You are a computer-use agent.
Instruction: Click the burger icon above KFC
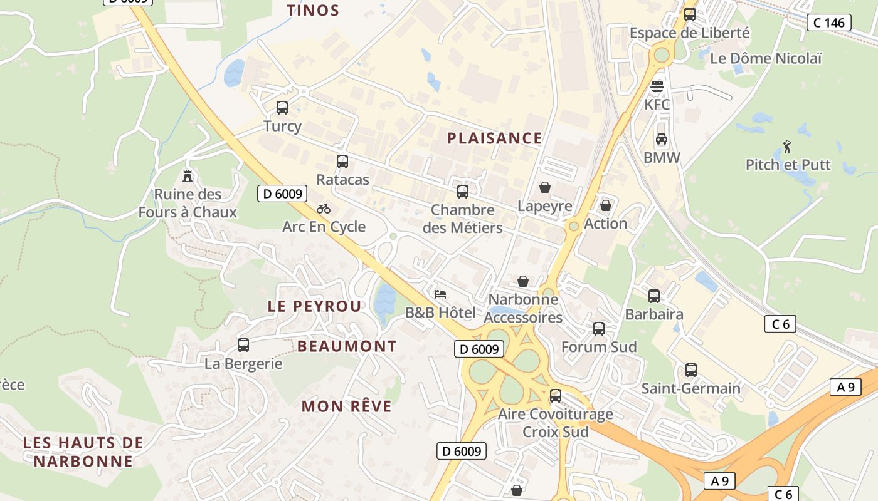pos(657,86)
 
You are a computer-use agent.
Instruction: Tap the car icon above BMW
pos(662,139)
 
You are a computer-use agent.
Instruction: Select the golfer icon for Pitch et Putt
pos(788,147)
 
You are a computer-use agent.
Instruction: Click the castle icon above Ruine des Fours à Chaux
pos(187,175)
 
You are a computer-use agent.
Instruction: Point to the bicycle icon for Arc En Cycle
pos(324,209)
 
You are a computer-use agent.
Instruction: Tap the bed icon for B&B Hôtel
pos(440,294)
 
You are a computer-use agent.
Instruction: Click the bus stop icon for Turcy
pos(282,108)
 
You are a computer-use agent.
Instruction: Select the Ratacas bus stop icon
pos(342,162)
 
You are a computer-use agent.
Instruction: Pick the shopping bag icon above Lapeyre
pos(545,187)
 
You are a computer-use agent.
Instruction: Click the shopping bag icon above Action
pos(606,205)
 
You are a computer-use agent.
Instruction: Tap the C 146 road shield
pos(828,23)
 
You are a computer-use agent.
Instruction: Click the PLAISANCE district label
pos(494,138)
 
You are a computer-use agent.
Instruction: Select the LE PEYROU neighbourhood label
pos(314,306)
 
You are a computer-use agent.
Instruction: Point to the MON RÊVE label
pos(347,406)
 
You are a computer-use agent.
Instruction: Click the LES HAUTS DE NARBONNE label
pos(83,452)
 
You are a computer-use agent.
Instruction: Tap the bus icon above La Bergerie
pos(243,345)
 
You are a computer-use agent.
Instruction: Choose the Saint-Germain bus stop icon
pos(691,370)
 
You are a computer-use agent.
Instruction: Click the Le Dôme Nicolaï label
pos(766,58)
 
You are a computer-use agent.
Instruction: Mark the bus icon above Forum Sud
pos(599,329)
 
